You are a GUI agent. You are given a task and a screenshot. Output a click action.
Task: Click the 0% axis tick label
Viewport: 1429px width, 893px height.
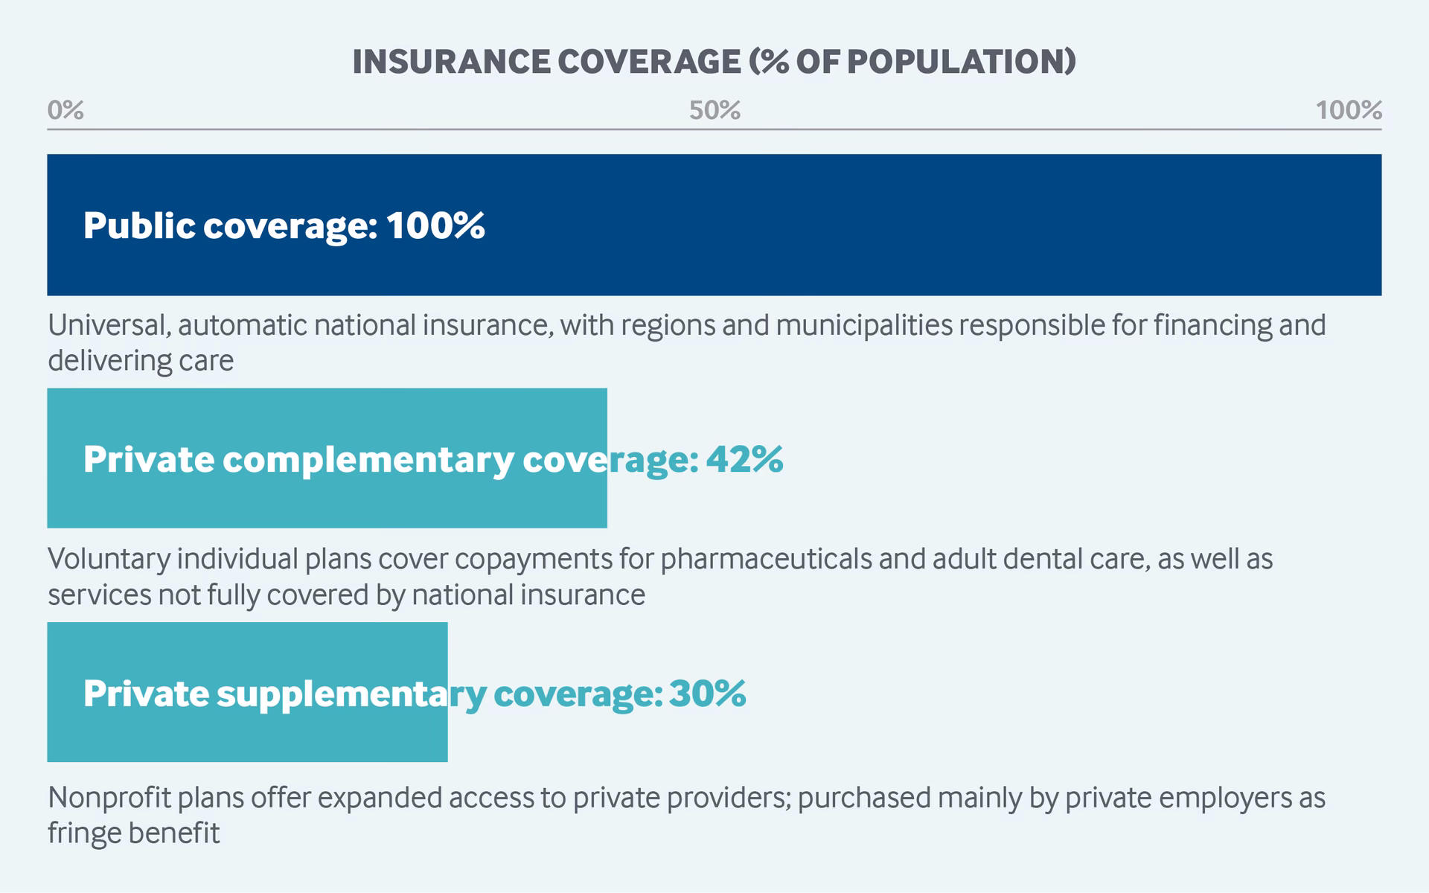click(x=65, y=110)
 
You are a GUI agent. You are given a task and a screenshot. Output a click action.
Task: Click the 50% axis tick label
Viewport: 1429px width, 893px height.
click(x=714, y=110)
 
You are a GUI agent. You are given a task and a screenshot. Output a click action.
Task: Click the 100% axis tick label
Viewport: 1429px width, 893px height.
click(x=1348, y=110)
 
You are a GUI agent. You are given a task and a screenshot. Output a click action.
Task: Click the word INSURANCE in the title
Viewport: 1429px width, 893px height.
click(x=450, y=61)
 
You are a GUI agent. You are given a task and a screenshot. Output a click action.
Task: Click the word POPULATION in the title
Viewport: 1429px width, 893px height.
click(x=960, y=61)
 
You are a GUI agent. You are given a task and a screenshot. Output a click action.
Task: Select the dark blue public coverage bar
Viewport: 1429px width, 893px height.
click(x=893, y=225)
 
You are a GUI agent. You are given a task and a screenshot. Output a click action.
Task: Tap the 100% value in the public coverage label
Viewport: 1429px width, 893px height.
click(x=435, y=225)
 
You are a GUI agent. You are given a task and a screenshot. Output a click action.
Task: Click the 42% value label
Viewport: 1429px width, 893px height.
click(x=744, y=459)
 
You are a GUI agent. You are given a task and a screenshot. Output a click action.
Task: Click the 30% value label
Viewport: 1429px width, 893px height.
click(x=707, y=693)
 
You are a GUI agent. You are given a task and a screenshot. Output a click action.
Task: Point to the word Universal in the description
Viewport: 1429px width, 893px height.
click(x=109, y=325)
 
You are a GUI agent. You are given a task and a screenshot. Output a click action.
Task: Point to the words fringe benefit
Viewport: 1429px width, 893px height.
click(x=134, y=833)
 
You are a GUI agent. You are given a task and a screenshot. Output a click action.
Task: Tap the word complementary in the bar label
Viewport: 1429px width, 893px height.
click(x=368, y=459)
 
